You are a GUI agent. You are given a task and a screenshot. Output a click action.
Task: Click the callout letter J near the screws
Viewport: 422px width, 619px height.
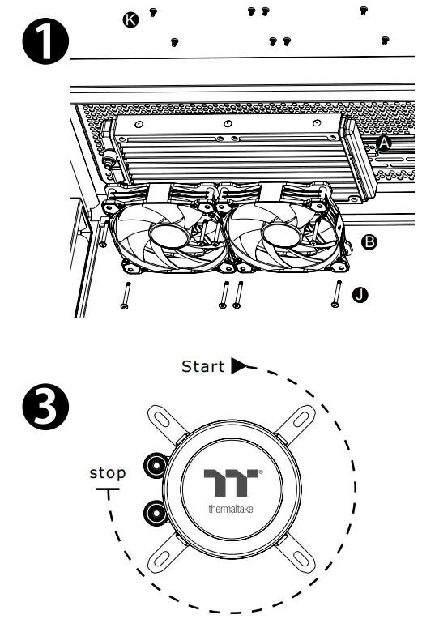coord(360,294)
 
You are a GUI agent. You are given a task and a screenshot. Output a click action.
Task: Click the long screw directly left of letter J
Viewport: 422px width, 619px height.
coord(335,292)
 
